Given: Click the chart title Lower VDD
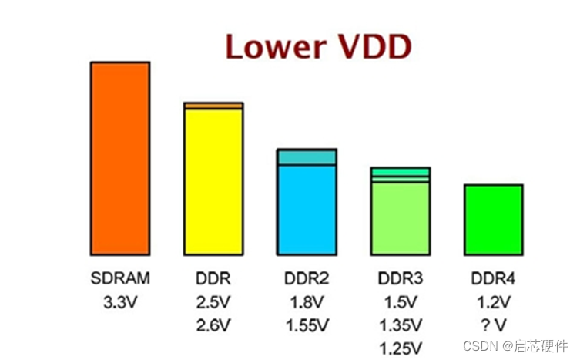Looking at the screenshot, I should [318, 46].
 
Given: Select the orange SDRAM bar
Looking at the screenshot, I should [119, 158].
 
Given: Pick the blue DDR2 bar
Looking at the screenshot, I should [307, 209].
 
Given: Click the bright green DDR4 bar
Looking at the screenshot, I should [493, 220].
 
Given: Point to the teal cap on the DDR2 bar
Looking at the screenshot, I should [307, 156].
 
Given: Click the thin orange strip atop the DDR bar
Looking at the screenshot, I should [213, 105].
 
